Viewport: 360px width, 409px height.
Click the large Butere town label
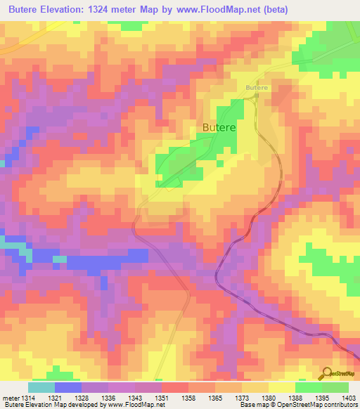pyautogui.click(x=219, y=128)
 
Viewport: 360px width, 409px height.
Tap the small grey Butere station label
pyautogui.click(x=257, y=87)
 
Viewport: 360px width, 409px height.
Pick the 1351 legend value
pyautogui.click(x=161, y=398)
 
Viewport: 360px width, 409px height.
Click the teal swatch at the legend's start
pyautogui.click(x=41, y=387)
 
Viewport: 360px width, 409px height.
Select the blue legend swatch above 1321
pyautogui.click(x=68, y=387)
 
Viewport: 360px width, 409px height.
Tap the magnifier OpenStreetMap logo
pyautogui.click(x=326, y=372)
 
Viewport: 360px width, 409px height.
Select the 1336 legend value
pyautogui.click(x=108, y=398)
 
